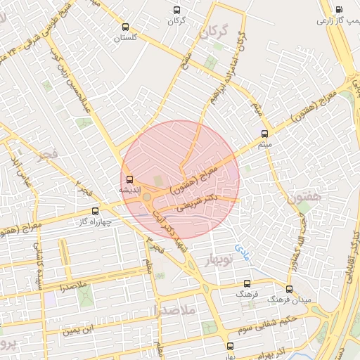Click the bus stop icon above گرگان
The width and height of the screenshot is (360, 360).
pyautogui.click(x=176, y=11)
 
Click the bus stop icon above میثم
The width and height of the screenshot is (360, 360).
pyautogui.click(x=265, y=134)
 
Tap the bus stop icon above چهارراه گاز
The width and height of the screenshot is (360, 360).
pyautogui.click(x=96, y=210)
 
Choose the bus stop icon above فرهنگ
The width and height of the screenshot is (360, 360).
pyautogui.click(x=246, y=283)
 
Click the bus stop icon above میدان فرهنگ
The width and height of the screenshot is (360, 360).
pyautogui.click(x=289, y=289)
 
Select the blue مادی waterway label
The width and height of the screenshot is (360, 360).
pyautogui.click(x=242, y=249)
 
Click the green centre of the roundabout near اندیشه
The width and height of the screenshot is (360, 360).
pyautogui.click(x=147, y=198)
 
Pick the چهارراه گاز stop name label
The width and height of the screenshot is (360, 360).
pyautogui.click(x=94, y=221)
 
